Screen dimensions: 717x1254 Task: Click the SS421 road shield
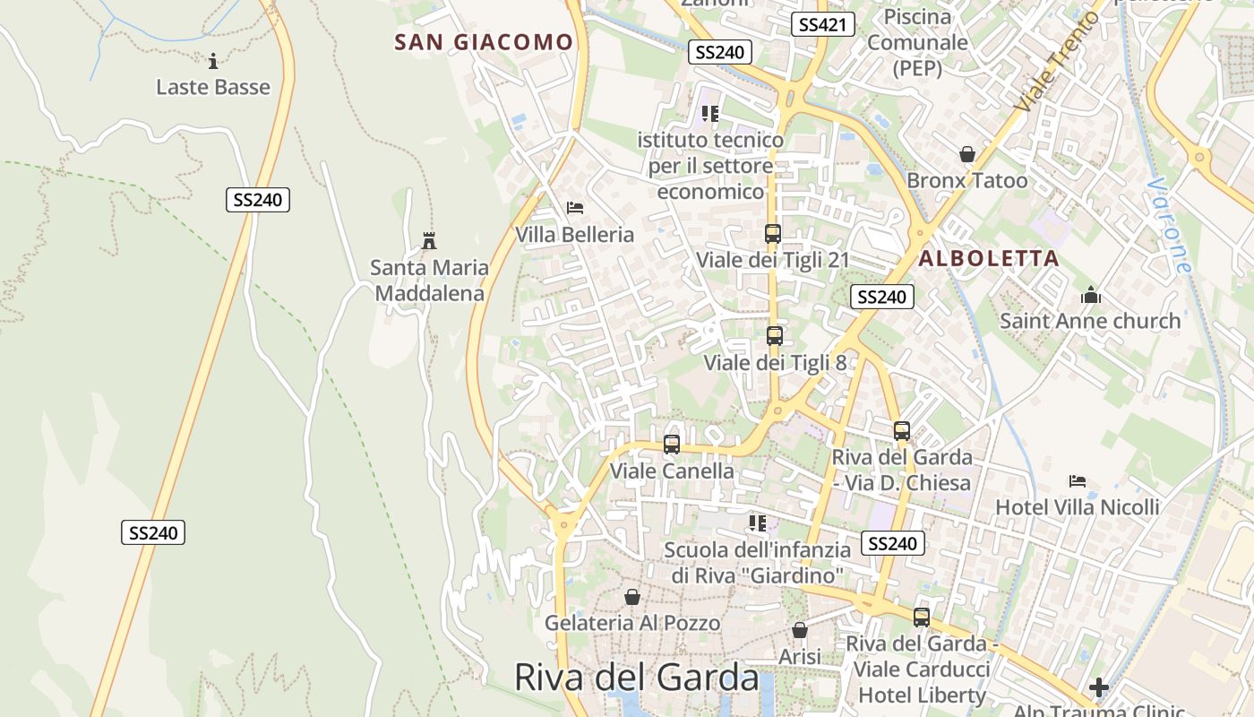tap(822, 24)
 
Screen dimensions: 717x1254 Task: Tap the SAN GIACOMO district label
tap(484, 42)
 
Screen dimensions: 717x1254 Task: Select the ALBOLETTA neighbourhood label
tap(989, 259)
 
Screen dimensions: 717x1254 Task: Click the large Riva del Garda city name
tap(637, 678)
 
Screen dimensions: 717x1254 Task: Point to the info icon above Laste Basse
tap(213, 61)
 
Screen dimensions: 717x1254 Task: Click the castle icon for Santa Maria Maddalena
tap(429, 240)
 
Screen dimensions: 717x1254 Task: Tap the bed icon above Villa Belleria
tap(575, 208)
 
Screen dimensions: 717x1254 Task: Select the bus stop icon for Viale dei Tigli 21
tap(772, 234)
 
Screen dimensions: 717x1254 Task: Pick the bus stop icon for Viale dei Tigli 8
tap(775, 336)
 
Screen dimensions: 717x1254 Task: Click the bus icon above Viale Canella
tap(671, 444)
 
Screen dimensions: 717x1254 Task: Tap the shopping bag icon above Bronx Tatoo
tap(967, 154)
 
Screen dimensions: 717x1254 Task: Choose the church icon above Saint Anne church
tap(1090, 294)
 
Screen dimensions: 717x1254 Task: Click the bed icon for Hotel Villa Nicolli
tap(1078, 481)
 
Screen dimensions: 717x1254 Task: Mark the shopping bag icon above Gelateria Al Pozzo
tap(632, 596)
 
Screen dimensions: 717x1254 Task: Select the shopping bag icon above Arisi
tap(800, 630)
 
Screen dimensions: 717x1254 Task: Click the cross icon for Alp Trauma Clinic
tap(1099, 687)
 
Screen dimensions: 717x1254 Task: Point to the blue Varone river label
tap(1170, 225)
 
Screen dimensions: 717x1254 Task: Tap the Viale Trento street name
tap(1057, 63)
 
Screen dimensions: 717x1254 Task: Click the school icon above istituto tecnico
tap(710, 114)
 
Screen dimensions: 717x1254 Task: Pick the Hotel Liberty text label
tap(922, 695)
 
